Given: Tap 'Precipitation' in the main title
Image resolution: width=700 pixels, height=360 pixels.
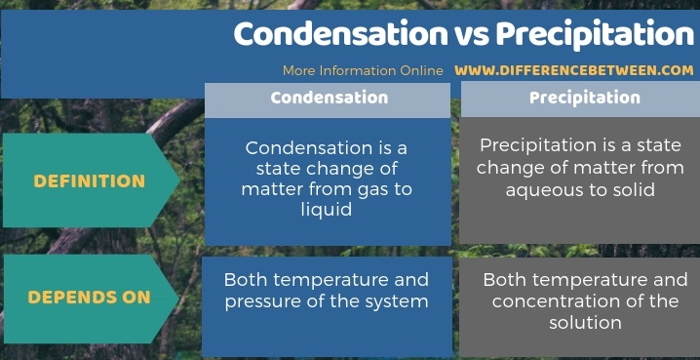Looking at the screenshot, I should tap(595, 34).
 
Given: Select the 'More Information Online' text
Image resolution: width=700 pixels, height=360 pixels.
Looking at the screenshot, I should tap(363, 70).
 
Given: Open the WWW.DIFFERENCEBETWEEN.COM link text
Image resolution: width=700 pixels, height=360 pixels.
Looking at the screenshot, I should tap(574, 70).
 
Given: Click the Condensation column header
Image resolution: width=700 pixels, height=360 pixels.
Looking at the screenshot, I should tap(329, 98).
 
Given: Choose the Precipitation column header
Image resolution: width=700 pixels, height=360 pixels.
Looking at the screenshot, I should tap(584, 98).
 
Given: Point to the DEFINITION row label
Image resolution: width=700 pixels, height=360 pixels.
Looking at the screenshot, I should tap(89, 180).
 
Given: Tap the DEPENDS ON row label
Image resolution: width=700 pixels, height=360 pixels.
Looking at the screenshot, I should tap(89, 297).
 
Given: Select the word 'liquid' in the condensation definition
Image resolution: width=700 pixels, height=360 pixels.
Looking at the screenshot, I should tap(327, 210).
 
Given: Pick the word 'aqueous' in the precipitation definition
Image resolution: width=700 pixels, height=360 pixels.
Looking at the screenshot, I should tap(540, 189).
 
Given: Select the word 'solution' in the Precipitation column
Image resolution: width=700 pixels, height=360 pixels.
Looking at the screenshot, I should tap(584, 321).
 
